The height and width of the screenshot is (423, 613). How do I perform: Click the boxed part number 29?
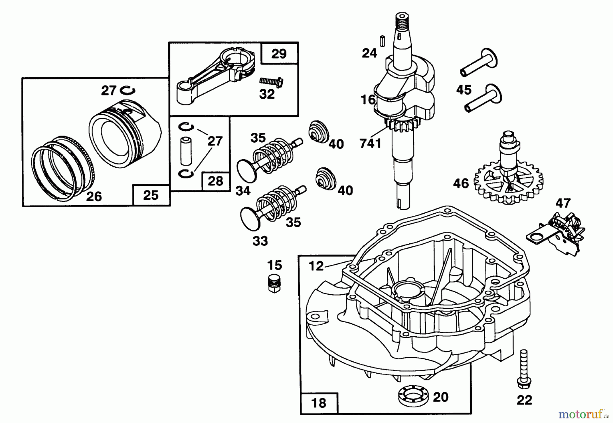(x=279, y=53)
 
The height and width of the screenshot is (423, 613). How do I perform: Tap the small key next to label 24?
(x=382, y=40)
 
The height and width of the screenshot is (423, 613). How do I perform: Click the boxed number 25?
(x=151, y=195)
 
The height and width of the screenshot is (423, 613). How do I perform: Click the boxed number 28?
(x=216, y=181)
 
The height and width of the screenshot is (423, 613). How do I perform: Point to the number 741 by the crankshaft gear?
(x=371, y=144)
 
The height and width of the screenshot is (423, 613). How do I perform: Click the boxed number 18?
(x=319, y=403)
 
